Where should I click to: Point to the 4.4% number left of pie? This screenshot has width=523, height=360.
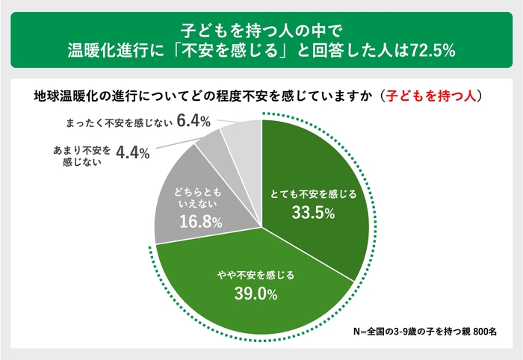coord(133,152)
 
